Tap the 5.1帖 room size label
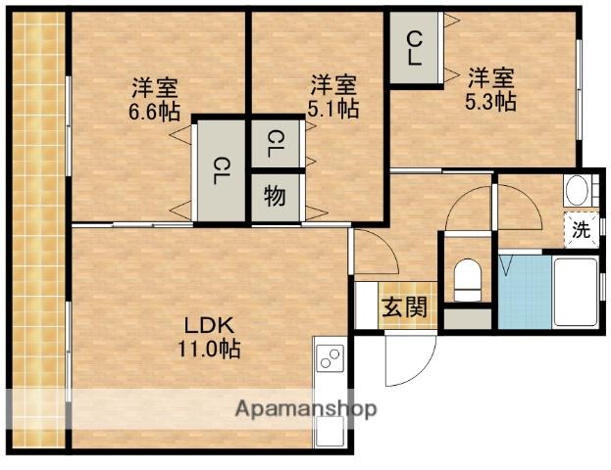pyautogui.click(x=332, y=110)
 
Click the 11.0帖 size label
pyautogui.click(x=208, y=348)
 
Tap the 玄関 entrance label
pyautogui.click(x=404, y=307)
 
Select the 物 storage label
pyautogui.click(x=275, y=196)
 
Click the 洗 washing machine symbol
pyautogui.click(x=581, y=231)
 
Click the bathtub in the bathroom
pyautogui.click(x=575, y=291)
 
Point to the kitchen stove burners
pyautogui.click(x=331, y=358)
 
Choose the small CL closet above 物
pyautogui.click(x=275, y=146)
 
